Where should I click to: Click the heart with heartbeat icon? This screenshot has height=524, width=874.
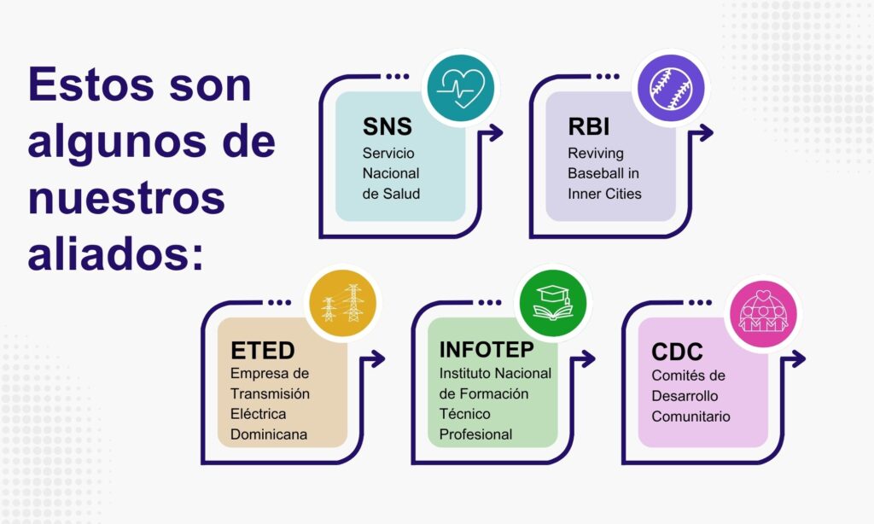tap(460, 88)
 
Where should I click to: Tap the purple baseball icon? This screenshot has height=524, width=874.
tap(671, 88)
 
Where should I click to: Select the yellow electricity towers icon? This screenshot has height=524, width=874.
tap(343, 304)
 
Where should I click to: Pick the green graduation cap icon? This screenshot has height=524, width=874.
tap(553, 304)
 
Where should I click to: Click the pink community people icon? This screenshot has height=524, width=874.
tap(764, 314)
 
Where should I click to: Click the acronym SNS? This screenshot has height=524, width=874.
tap(387, 126)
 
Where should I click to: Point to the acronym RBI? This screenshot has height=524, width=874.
tap(589, 126)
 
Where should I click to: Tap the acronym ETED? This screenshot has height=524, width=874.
tap(263, 351)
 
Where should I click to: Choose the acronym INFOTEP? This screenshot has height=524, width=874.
tap(487, 350)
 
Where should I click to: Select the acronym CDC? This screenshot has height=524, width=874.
tap(677, 352)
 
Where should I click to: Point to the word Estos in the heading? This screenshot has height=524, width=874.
tap(91, 84)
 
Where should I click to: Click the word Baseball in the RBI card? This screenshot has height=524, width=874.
tap(596, 173)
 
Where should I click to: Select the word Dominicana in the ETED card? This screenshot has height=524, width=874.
tap(269, 434)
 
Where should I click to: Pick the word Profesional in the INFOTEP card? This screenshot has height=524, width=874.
tap(475, 434)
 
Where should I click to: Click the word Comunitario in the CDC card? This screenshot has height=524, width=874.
tap(690, 416)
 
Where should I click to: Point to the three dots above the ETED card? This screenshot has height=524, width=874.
tap(279, 302)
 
